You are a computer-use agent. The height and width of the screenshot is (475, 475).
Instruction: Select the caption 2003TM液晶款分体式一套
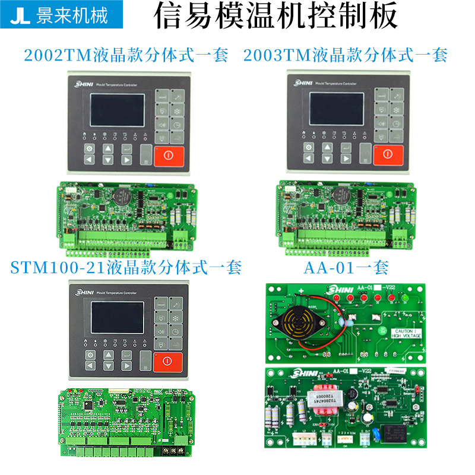345,56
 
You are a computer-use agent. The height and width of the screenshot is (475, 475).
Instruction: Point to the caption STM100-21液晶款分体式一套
126,268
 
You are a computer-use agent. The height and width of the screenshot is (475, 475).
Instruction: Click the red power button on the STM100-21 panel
167,362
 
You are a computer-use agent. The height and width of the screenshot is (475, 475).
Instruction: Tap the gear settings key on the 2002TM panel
89,148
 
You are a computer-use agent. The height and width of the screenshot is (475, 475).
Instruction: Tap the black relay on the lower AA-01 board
392,432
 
